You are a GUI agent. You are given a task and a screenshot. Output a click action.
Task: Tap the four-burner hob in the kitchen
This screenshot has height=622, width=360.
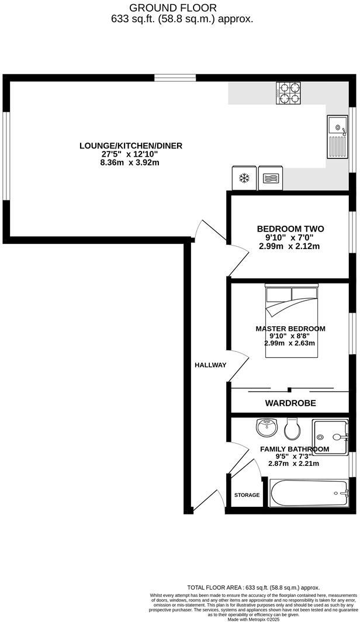289,94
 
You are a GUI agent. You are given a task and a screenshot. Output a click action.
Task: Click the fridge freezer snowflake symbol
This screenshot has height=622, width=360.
244,178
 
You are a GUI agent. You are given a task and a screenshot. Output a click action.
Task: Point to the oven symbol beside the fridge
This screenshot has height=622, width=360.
269,178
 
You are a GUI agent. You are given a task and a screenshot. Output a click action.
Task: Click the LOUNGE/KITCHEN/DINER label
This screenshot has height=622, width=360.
131,145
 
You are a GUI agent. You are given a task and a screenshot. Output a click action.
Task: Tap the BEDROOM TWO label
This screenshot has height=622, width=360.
290,229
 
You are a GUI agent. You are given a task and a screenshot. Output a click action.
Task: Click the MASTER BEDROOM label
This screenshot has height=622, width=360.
290,329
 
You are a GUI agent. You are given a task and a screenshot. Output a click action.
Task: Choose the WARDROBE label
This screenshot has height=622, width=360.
290,403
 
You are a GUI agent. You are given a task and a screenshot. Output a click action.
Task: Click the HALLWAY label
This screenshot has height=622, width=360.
210,365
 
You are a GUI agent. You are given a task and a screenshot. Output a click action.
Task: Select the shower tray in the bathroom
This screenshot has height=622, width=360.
330,437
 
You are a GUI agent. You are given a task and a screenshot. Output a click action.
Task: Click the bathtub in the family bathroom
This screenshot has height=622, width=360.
309,493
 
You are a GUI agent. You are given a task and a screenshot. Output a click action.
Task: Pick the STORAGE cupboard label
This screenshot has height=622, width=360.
247,495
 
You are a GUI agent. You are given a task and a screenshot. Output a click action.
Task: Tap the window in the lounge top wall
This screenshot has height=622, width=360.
175,77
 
